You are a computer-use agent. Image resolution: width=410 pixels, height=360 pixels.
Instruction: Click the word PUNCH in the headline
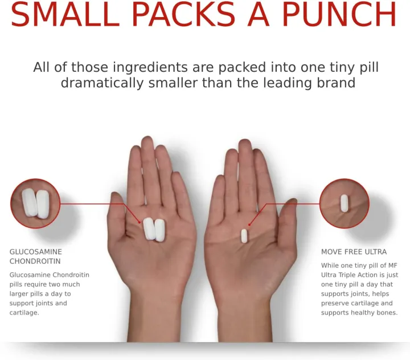click(x=339, y=14)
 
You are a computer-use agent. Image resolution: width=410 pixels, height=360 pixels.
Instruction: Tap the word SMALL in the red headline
click(x=65, y=14)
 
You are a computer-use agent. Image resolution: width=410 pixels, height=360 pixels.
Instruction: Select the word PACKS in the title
click(x=184, y=14)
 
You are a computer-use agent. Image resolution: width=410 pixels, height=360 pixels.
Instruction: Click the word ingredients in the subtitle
click(x=150, y=68)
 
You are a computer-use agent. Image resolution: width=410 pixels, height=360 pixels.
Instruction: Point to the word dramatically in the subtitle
click(x=102, y=83)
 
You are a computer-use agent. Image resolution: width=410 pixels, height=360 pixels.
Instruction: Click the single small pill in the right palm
click(x=244, y=236)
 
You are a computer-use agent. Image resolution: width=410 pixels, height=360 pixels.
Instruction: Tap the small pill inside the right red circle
click(x=344, y=203)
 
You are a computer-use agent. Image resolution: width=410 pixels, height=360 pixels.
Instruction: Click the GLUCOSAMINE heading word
click(x=35, y=252)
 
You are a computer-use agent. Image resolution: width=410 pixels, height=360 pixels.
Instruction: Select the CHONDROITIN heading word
click(x=35, y=261)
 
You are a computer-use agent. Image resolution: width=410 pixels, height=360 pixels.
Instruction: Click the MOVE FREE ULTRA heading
click(x=354, y=252)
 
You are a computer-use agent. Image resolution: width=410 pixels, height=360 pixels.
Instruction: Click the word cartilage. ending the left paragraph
click(x=24, y=313)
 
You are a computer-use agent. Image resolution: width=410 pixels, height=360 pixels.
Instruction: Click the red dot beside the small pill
click(x=250, y=224)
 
